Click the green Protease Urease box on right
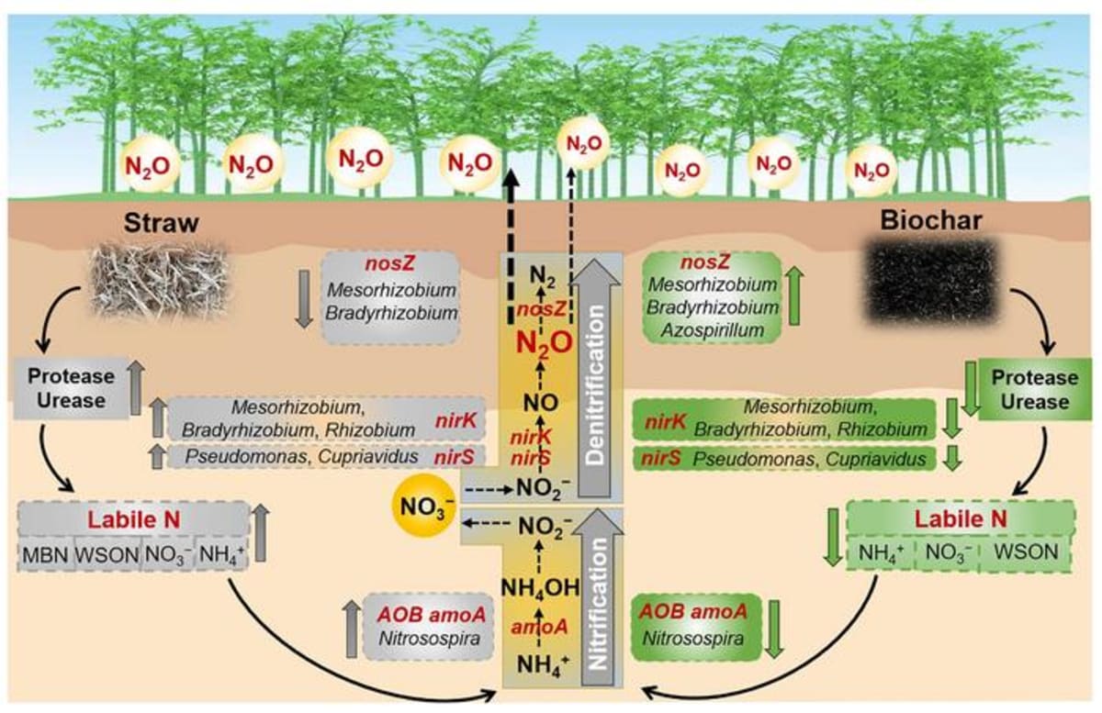[1033, 389]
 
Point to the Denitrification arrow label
[597, 404]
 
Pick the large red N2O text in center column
[544, 342]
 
